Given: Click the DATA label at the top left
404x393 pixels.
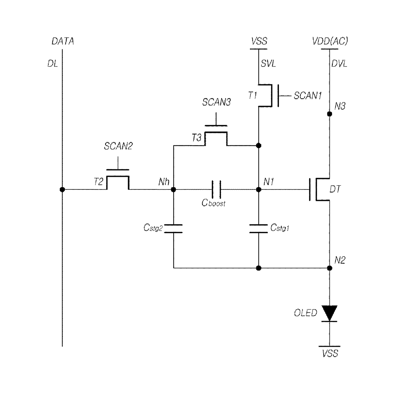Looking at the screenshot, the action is point(63,41).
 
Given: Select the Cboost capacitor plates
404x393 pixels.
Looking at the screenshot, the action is point(216,189).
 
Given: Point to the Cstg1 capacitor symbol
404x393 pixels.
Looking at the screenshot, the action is point(258,229).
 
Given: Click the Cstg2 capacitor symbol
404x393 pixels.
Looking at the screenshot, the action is point(173,229).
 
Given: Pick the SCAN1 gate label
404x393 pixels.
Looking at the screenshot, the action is point(308,96).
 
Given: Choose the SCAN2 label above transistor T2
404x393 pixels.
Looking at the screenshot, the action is point(118,146).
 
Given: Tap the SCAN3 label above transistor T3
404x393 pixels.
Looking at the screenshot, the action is point(216,102).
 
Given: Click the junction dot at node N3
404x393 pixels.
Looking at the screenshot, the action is point(329,114).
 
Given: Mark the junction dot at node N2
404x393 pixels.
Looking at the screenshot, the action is point(329,268).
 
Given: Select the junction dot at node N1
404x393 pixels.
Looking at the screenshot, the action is point(258,189).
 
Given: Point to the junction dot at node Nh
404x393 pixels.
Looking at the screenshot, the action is point(173,189).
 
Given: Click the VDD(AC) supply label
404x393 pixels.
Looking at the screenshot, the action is point(330,41).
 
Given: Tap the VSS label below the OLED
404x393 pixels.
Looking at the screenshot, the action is point(330,353).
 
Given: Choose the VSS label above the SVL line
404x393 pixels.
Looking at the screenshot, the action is point(259,41).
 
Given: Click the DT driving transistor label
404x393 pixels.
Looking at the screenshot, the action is point(335,189).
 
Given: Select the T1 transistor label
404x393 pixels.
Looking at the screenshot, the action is point(252,95).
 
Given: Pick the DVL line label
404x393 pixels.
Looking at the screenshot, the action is point(339,64).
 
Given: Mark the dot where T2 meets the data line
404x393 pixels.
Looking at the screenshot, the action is point(62,189).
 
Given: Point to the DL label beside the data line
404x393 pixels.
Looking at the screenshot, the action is point(52,64).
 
